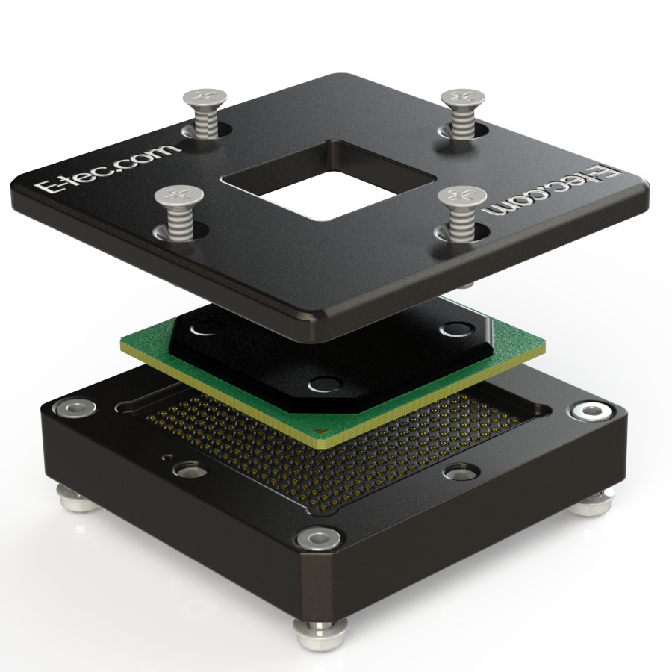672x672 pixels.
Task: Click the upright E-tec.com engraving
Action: (x=106, y=168)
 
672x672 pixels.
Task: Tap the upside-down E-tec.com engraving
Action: (x=552, y=191)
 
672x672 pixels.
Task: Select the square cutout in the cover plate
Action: (x=329, y=180)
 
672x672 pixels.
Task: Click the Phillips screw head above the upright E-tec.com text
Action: (x=205, y=98)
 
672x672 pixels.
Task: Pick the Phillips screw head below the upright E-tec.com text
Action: (x=179, y=196)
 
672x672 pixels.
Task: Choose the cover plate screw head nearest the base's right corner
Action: (x=463, y=98)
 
